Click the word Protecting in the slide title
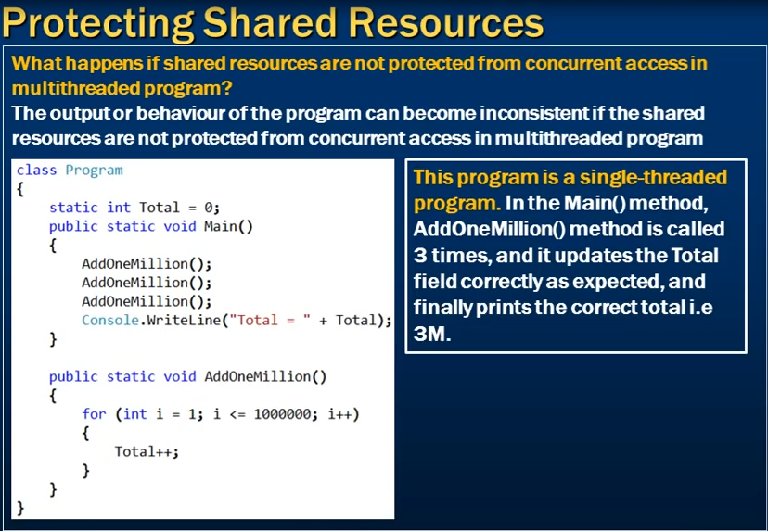pyautogui.click(x=98, y=23)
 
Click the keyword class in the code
pyautogui.click(x=36, y=170)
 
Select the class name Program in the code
pyautogui.click(x=94, y=171)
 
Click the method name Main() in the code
pyautogui.click(x=228, y=226)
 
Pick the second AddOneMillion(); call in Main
pyautogui.click(x=147, y=283)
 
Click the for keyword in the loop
pyautogui.click(x=94, y=414)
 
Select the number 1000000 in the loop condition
pyautogui.click(x=282, y=414)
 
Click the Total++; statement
pyautogui.click(x=147, y=451)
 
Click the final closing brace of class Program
pyautogui.click(x=20, y=508)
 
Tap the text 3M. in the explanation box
pyautogui.click(x=431, y=334)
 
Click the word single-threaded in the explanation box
pyautogui.click(x=653, y=177)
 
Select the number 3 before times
pyautogui.click(x=420, y=256)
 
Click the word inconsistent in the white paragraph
pyautogui.click(x=534, y=113)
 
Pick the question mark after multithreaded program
pyautogui.click(x=226, y=89)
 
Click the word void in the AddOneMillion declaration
pyautogui.click(x=179, y=376)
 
